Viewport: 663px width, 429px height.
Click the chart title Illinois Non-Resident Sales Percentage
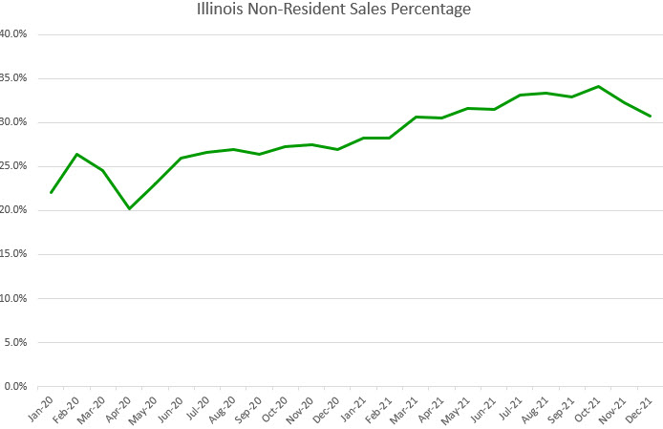click(x=331, y=11)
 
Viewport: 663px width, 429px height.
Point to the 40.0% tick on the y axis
click(x=13, y=34)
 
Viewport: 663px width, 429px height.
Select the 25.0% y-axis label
click(x=13, y=166)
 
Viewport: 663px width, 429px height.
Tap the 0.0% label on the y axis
click(x=15, y=386)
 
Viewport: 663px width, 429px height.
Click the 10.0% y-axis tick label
click(x=13, y=298)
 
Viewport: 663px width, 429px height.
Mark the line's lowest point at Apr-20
click(x=129, y=208)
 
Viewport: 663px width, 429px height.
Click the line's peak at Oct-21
click(x=598, y=86)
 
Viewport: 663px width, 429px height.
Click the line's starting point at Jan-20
click(x=51, y=192)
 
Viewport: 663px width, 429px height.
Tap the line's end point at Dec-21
click(x=651, y=116)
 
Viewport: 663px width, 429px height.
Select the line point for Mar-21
click(x=416, y=117)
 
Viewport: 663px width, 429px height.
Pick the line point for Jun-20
click(x=181, y=158)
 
